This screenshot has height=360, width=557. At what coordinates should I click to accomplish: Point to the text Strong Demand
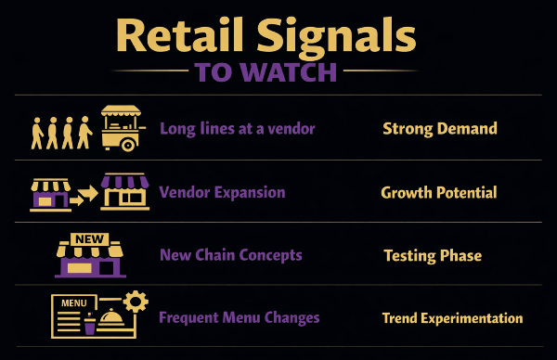click(440, 129)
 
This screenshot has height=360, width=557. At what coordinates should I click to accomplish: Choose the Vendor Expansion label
click(222, 193)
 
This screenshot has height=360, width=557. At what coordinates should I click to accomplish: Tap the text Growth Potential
click(439, 193)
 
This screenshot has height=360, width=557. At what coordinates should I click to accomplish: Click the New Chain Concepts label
click(230, 255)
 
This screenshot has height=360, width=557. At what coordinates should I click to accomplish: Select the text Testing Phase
click(433, 255)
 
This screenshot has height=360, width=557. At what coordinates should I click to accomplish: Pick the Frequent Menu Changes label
click(240, 317)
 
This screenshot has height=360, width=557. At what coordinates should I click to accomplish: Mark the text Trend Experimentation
click(452, 318)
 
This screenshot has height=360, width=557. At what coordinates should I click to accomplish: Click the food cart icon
click(121, 128)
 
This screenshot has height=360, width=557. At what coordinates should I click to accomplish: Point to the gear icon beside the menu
click(136, 301)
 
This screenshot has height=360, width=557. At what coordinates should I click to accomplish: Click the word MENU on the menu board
click(71, 302)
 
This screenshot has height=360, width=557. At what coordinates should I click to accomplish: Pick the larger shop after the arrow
click(124, 191)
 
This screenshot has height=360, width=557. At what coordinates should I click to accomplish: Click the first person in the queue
click(83, 132)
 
